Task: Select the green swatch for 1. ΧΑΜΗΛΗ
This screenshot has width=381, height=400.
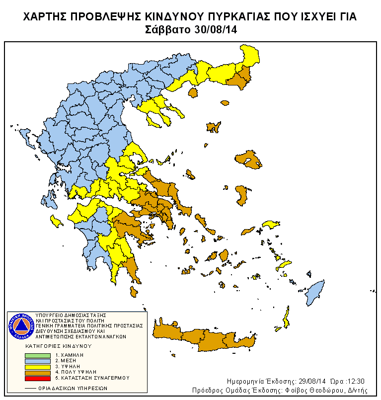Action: coord(38,355)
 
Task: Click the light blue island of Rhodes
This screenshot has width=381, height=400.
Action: coord(313,293)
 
